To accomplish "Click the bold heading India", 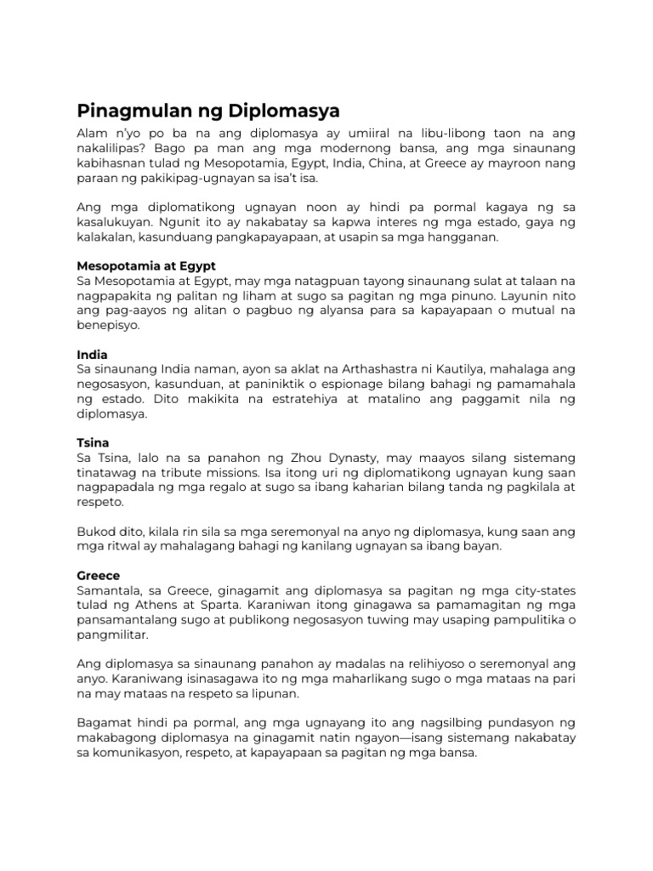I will pos(92,354).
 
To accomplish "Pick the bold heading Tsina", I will pos(93,442).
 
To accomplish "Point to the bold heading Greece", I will pos(99,576).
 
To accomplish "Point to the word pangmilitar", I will pos(112,635).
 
